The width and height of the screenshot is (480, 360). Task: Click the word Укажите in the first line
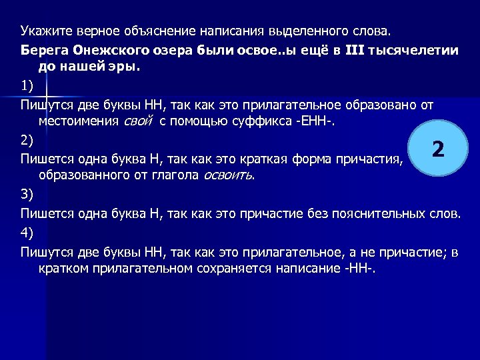pos(42,31)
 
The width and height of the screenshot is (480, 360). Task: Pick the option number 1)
pos(26,86)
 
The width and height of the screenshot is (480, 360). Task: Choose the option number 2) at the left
pos(26,140)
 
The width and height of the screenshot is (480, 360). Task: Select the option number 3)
pos(26,195)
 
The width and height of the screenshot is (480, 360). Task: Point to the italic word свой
pos(139,121)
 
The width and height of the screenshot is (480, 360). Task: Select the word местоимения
pos(80,121)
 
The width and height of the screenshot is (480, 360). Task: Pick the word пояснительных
pos(364,213)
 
